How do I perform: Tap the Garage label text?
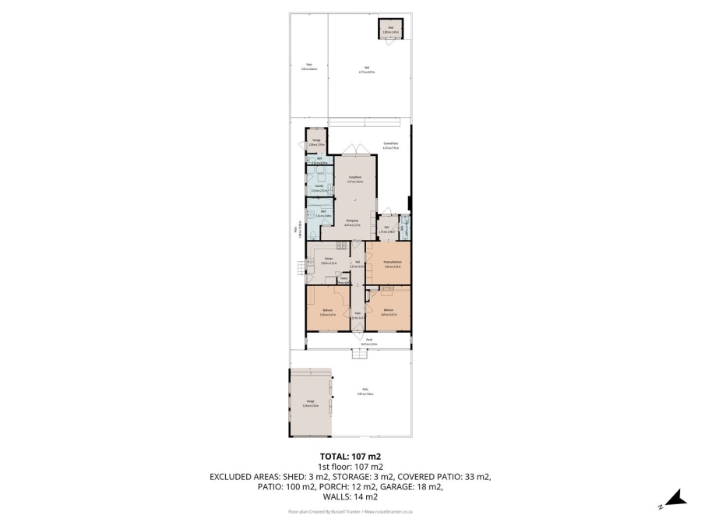[x=310, y=404]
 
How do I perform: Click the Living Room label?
[x=355, y=180]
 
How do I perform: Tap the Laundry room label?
[x=319, y=188]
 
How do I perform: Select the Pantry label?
[x=343, y=280]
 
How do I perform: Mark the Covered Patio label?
[x=391, y=146]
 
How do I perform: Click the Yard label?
[x=367, y=69]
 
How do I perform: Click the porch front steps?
[x=358, y=355]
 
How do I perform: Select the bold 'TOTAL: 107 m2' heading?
[x=350, y=457]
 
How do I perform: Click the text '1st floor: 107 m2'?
[x=350, y=467]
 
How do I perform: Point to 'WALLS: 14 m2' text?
[x=350, y=496]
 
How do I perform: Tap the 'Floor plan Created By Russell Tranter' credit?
[x=350, y=512]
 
